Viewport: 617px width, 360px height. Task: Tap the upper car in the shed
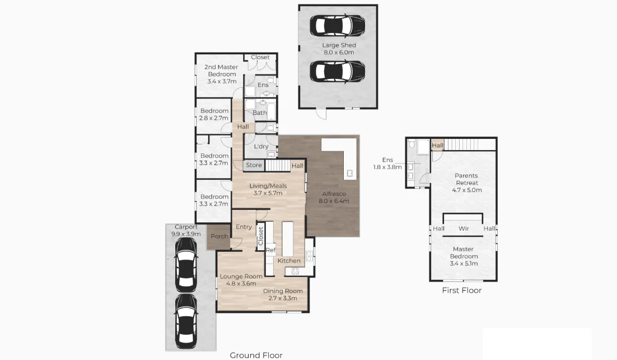pos(338,25)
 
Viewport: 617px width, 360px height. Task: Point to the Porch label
pos(219,236)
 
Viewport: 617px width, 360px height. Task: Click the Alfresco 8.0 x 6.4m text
pos(334,197)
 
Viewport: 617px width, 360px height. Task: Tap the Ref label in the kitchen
pos(270,250)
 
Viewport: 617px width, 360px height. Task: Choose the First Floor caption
pos(461,290)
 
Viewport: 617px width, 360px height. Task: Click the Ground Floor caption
pos(256,355)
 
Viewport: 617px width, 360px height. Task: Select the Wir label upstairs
pos(464,228)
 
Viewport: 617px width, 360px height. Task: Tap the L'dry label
pos(261,147)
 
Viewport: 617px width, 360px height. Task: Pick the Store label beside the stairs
pos(254,165)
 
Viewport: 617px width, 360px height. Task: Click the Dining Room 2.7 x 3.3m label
pos(283,294)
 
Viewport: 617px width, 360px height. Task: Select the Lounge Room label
pos(241,280)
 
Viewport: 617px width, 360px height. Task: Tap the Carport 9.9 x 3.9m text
pos(186,230)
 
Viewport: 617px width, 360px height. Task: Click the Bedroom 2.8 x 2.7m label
pos(214,114)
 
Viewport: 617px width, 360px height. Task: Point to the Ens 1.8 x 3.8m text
pos(387,163)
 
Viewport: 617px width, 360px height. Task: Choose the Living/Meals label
pos(268,189)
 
